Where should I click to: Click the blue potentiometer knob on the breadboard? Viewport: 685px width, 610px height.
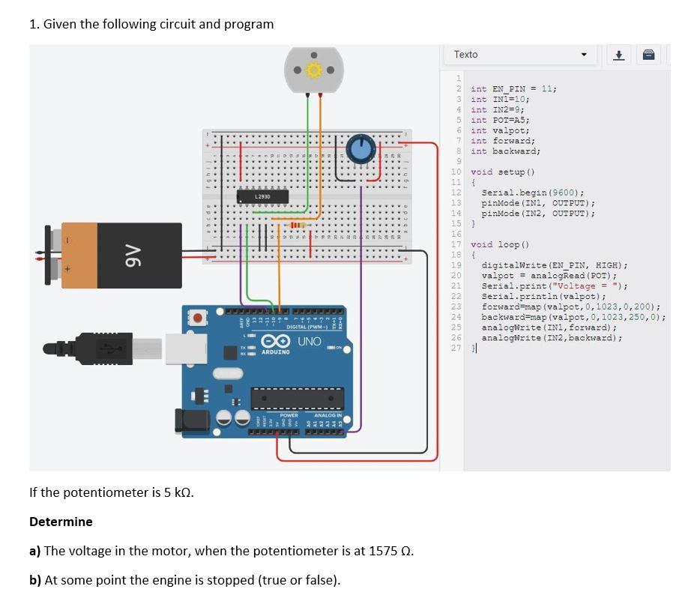361,148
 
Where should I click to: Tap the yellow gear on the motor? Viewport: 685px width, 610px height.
313,70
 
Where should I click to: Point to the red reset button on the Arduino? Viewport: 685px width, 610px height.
198,318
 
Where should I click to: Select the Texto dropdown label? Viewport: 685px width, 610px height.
465,55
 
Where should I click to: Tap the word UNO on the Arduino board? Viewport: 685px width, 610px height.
309,342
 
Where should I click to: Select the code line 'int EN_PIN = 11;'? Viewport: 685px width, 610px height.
513,88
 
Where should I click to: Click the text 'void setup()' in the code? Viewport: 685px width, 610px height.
501,172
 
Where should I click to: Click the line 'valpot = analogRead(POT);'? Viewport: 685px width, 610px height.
549,276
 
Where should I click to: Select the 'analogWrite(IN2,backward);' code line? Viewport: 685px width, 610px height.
551,338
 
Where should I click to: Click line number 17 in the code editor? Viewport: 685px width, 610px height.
456,244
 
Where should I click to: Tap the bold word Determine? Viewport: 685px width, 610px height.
61,522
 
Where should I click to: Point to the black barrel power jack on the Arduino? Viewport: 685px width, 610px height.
192,422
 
